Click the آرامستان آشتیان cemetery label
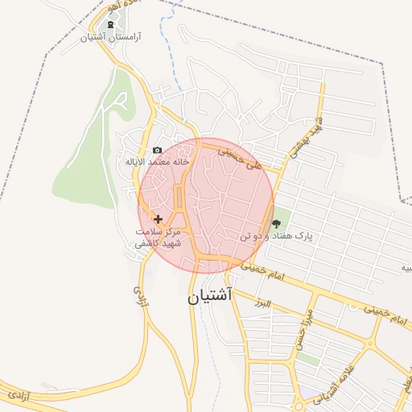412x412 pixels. (112, 37)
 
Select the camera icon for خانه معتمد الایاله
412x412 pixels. (157, 150)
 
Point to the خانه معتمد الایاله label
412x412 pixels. (156, 161)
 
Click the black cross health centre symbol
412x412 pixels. (158, 219)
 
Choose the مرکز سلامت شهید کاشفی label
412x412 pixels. (159, 236)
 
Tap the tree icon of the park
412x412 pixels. (277, 224)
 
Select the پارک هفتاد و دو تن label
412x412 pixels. (275, 237)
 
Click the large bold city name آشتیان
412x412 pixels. (210, 295)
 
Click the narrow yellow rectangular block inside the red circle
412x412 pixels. (179, 196)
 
